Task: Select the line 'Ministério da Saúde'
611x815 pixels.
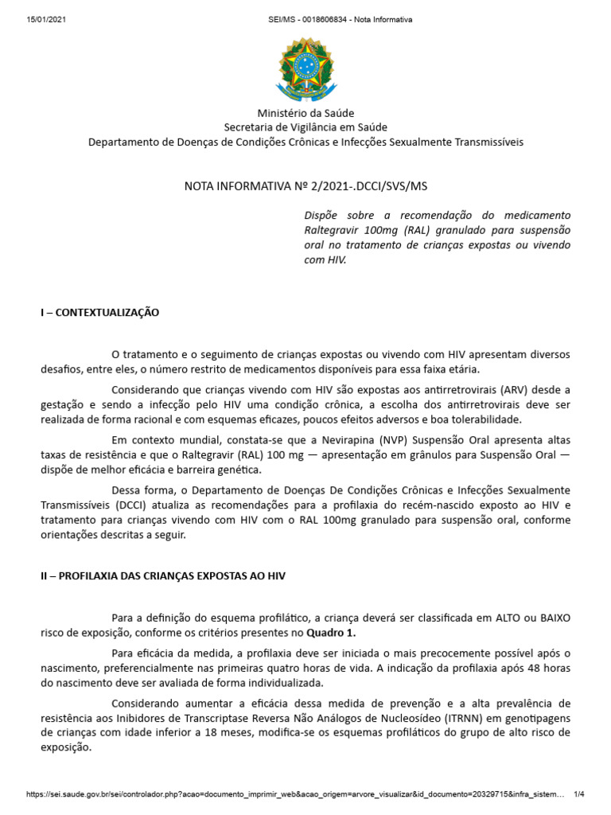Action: tap(305, 113)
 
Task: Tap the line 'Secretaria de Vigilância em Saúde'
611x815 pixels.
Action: tap(305, 127)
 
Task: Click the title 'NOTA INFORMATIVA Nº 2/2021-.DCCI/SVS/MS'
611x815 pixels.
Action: tap(305, 186)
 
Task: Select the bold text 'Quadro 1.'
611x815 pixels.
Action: tap(332, 633)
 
